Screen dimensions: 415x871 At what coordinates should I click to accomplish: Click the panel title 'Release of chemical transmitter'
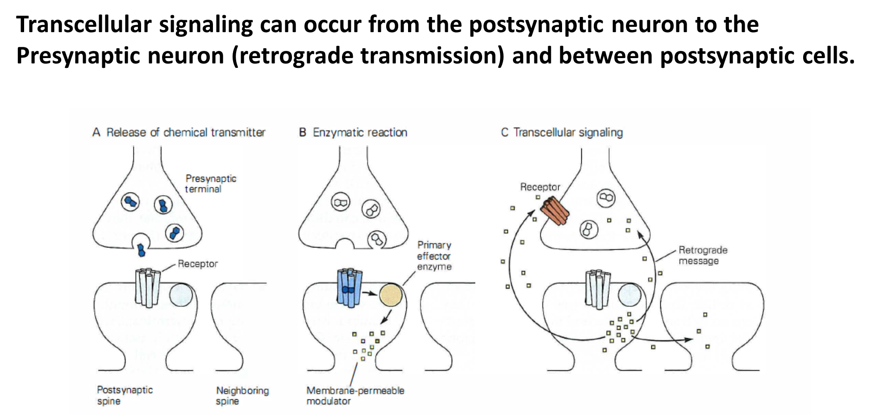pyautogui.click(x=186, y=133)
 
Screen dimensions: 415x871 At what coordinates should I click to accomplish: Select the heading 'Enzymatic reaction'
pyautogui.click(x=360, y=133)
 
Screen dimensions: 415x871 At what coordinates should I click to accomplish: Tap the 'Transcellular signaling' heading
pyautogui.click(x=568, y=133)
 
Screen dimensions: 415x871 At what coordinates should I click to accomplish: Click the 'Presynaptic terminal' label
pyautogui.click(x=210, y=184)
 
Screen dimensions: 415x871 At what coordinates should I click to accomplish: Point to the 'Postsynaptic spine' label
pyautogui.click(x=125, y=395)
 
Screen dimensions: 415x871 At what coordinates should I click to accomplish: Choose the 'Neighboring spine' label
pyautogui.click(x=242, y=396)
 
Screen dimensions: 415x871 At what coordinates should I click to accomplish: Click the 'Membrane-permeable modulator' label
pyautogui.click(x=355, y=396)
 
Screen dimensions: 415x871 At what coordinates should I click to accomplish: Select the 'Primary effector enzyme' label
pyautogui.click(x=434, y=256)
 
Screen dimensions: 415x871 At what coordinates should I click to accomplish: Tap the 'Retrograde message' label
pyautogui.click(x=703, y=256)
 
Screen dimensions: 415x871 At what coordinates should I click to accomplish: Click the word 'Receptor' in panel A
pyautogui.click(x=198, y=264)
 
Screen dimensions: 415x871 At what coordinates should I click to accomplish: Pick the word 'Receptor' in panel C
pyautogui.click(x=540, y=187)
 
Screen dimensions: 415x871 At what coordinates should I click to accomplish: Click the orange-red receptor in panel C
pyautogui.click(x=555, y=211)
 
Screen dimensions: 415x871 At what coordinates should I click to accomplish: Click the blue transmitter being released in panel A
pyautogui.click(x=142, y=250)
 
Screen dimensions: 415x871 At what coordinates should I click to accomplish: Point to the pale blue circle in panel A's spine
pyautogui.click(x=181, y=295)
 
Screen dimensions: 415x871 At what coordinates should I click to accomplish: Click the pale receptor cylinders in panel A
pyautogui.click(x=147, y=287)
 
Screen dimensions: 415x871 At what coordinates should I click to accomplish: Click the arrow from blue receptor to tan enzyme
pyautogui.click(x=369, y=293)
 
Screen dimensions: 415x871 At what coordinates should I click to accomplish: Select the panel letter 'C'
pyautogui.click(x=504, y=133)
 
